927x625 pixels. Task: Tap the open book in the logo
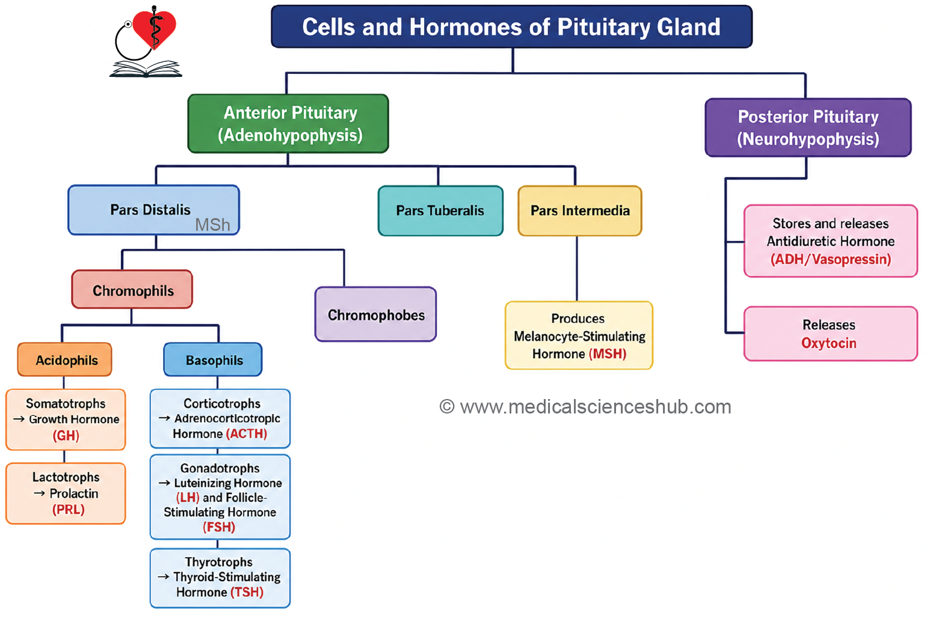(146, 69)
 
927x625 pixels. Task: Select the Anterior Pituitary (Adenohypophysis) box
(288, 124)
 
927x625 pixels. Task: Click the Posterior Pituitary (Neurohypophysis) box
(808, 127)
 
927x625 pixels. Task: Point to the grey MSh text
(213, 225)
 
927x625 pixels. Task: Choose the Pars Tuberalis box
(440, 211)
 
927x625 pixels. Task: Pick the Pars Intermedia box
(580, 211)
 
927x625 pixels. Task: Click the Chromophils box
(132, 289)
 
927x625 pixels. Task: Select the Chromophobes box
(375, 314)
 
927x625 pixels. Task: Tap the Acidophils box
(64, 359)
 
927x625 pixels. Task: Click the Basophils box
(213, 359)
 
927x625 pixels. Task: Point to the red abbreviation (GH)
(66, 436)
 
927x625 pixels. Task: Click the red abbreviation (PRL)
(69, 510)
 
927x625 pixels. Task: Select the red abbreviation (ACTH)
(246, 434)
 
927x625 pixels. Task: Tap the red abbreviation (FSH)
(219, 527)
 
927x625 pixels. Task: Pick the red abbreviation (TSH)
(247, 592)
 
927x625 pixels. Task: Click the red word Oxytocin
(829, 343)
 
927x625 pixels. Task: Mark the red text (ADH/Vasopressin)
(831, 260)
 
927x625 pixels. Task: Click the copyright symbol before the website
(447, 407)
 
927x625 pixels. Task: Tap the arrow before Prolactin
(39, 493)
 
